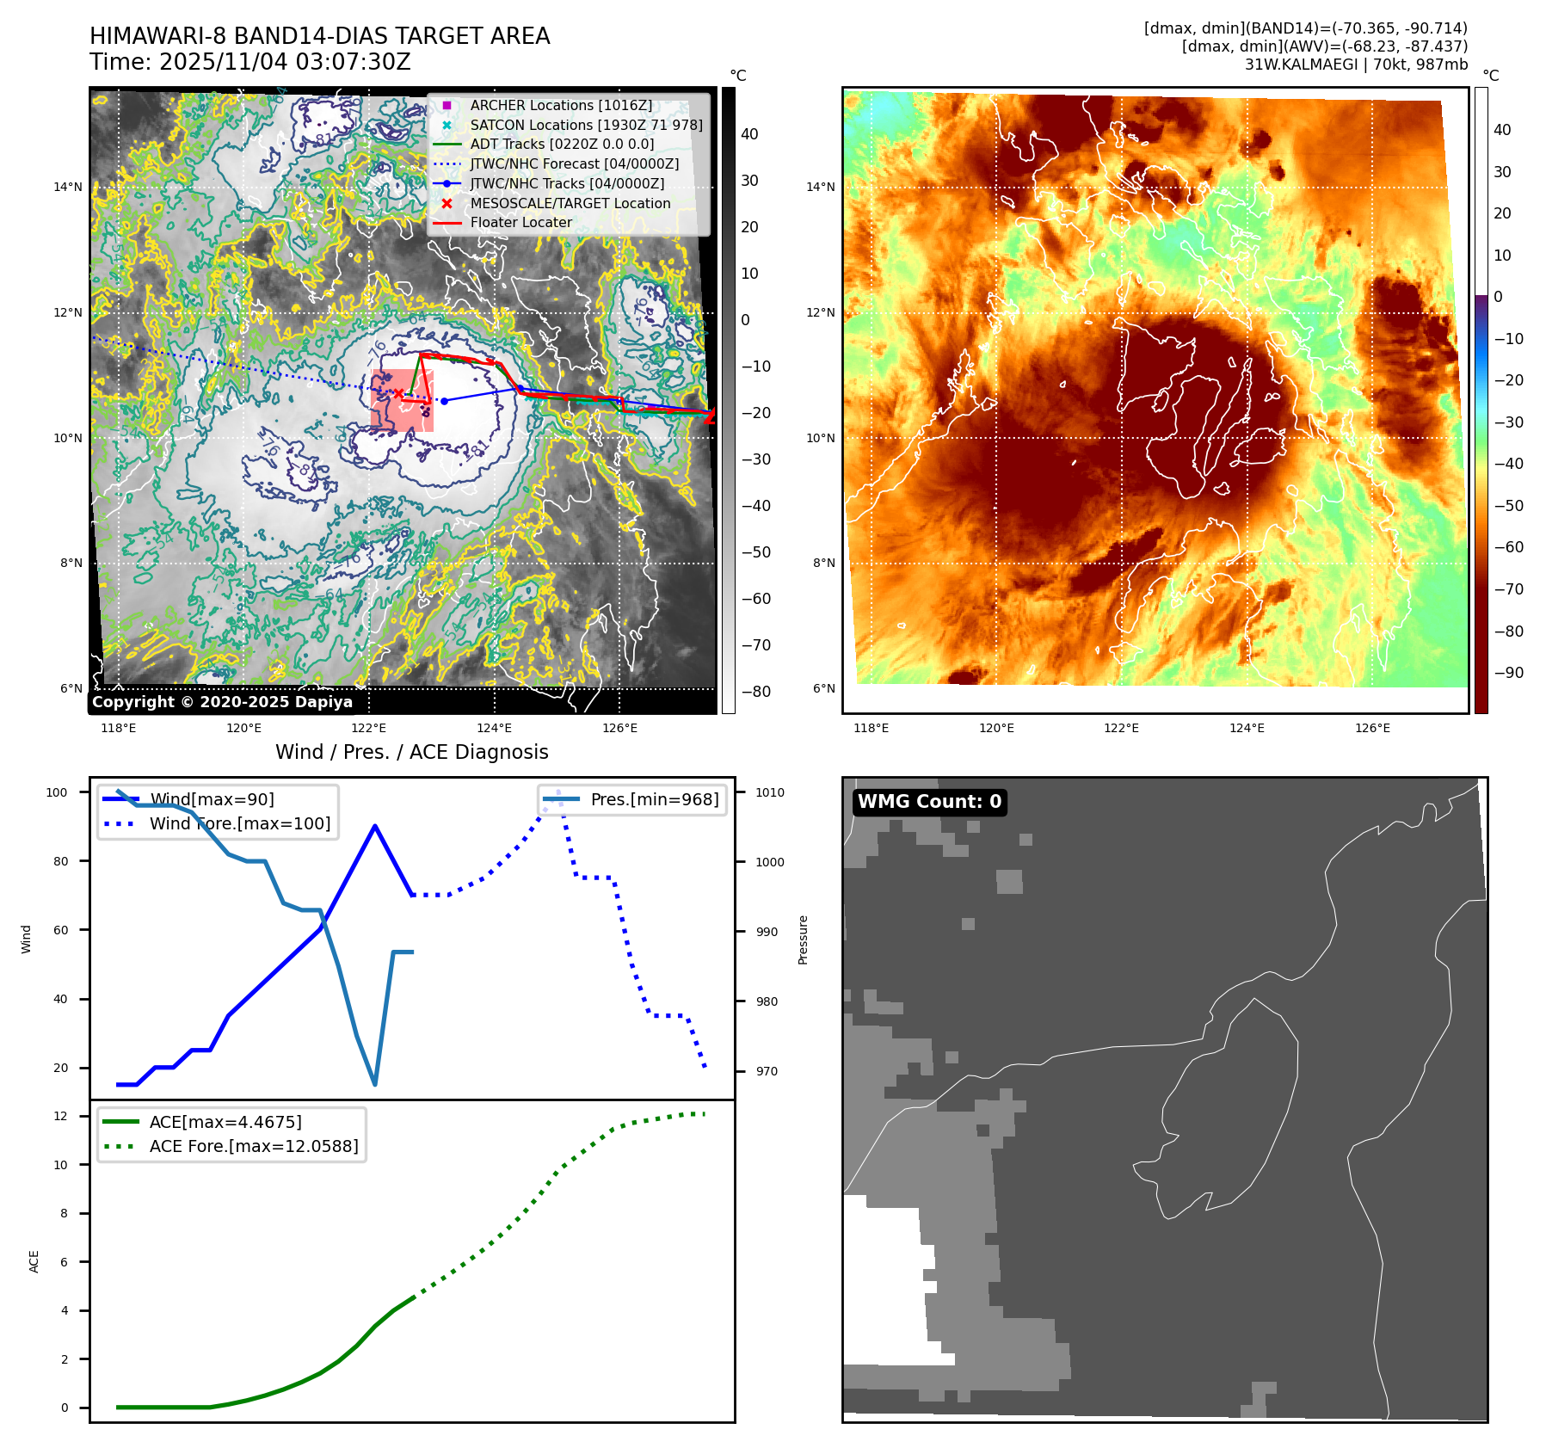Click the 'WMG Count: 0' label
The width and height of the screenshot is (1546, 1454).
click(x=929, y=802)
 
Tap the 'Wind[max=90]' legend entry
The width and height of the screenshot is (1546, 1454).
click(x=212, y=799)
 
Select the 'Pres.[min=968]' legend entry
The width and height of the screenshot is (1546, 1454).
click(x=654, y=799)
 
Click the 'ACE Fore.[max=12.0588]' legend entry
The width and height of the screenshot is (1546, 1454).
click(x=253, y=1146)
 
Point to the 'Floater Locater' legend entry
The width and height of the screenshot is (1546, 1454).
click(x=520, y=222)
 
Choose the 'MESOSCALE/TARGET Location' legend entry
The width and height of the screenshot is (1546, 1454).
click(x=570, y=203)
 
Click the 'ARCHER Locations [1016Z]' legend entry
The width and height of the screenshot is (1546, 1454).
click(x=561, y=105)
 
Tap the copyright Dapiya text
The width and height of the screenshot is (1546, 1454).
click(x=222, y=702)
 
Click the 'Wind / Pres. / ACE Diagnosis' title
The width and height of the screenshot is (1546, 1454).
click(x=411, y=752)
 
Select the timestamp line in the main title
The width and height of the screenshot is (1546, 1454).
click(x=249, y=62)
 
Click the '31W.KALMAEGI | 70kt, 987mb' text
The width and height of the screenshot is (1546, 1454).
click(x=1356, y=65)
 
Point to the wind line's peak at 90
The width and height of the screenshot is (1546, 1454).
click(x=375, y=826)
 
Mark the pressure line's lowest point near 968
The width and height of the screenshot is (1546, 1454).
click(x=375, y=1084)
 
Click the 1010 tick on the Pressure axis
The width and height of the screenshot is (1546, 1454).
click(x=770, y=792)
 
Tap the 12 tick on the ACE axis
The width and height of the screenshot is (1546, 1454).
click(x=60, y=1116)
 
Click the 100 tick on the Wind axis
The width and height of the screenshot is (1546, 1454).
click(x=57, y=792)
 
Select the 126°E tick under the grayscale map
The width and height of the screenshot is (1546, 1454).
click(x=619, y=728)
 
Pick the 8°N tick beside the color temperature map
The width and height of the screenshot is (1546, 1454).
click(x=823, y=564)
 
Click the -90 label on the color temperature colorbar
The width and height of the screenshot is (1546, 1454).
click(x=1508, y=673)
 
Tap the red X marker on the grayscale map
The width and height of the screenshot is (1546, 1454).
click(x=398, y=393)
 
